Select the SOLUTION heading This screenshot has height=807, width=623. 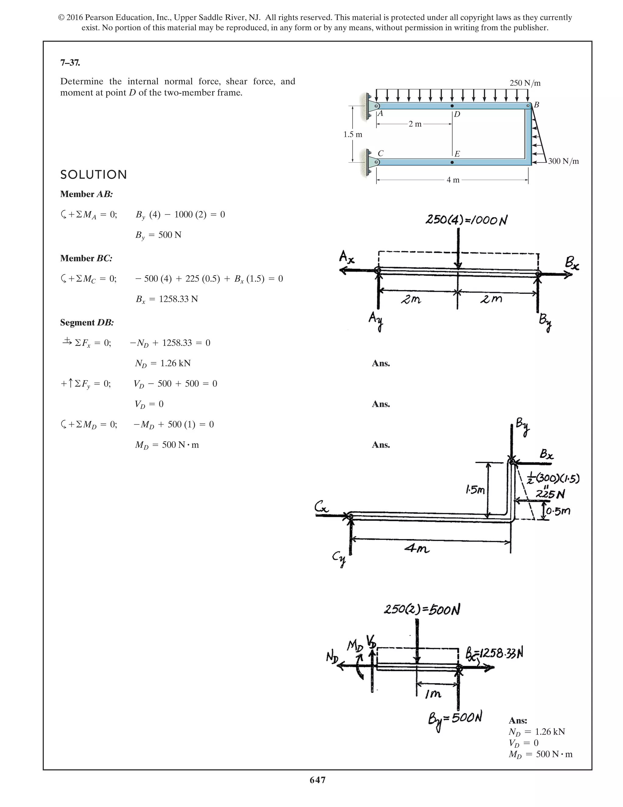pyautogui.click(x=93, y=175)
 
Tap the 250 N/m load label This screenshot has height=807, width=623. pyautogui.click(x=525, y=83)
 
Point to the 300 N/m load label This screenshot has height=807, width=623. pyautogui.click(x=563, y=161)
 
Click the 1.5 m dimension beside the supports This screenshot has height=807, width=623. pyautogui.click(x=353, y=135)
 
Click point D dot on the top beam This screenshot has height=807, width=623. pyautogui.click(x=452, y=106)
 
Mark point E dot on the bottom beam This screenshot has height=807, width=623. pyautogui.click(x=452, y=162)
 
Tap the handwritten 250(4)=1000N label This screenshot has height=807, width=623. pyautogui.click(x=466, y=220)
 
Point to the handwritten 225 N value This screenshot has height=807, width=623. pyautogui.click(x=550, y=494)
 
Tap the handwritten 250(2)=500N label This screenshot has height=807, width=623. pyautogui.click(x=422, y=609)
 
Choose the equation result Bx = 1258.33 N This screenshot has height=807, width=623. pyautogui.click(x=166, y=299)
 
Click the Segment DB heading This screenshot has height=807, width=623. pyautogui.click(x=87, y=322)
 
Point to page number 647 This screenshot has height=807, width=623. pyautogui.click(x=317, y=780)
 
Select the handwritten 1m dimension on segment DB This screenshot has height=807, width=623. pyautogui.click(x=433, y=694)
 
